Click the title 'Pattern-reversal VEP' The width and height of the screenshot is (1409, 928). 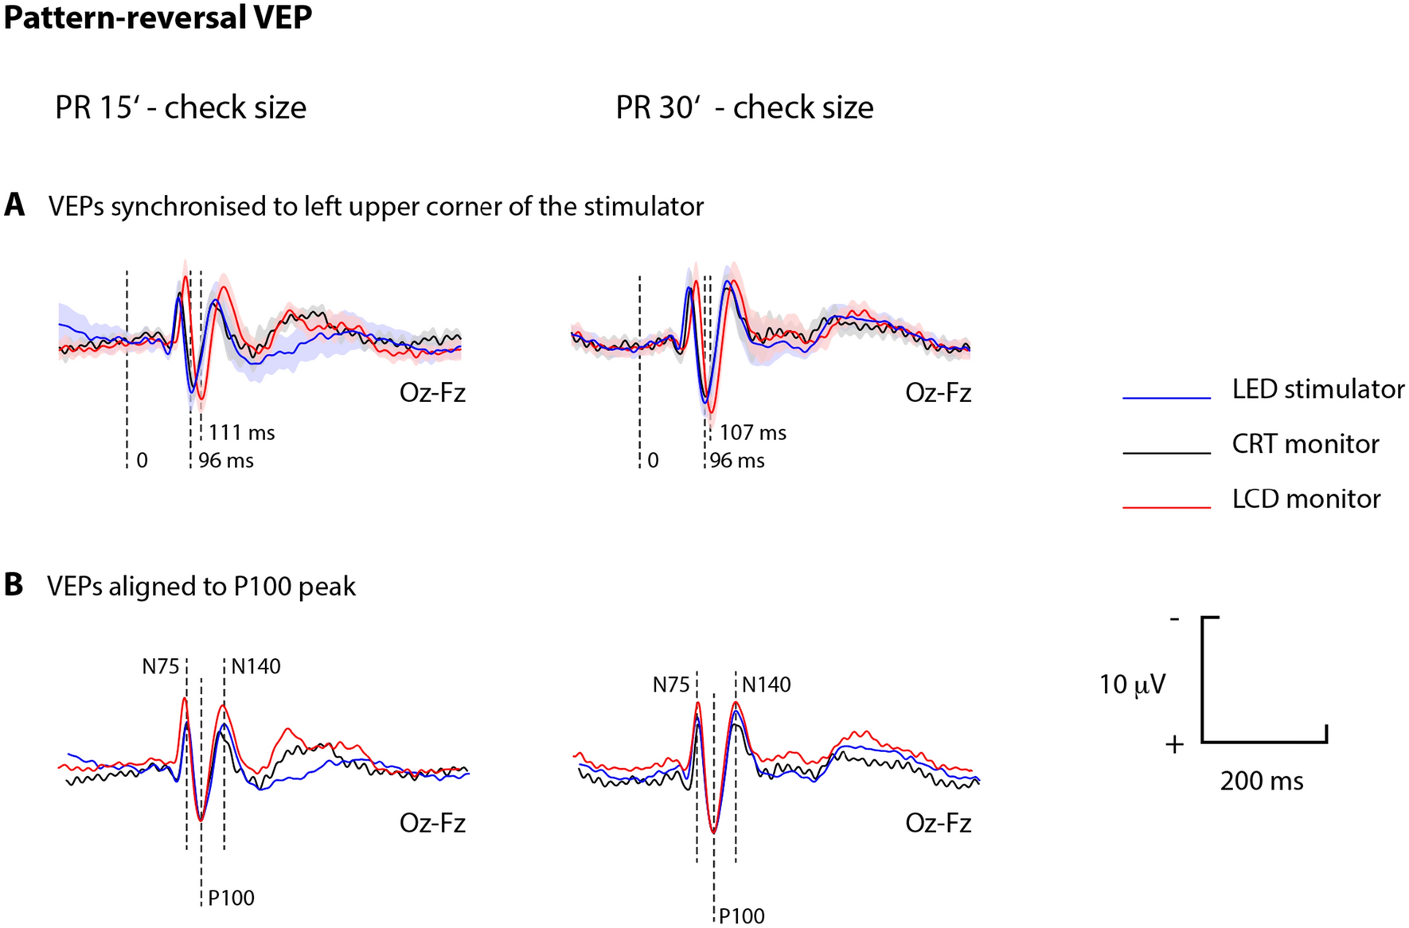click(x=158, y=18)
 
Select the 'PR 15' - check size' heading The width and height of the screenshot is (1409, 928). click(x=181, y=107)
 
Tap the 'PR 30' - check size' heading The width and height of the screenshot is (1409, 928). click(x=744, y=107)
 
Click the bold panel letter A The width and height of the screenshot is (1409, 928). click(x=14, y=206)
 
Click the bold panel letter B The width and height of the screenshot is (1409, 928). click(x=14, y=586)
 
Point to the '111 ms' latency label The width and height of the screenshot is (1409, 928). click(x=242, y=433)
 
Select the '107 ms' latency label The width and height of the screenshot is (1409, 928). click(x=753, y=433)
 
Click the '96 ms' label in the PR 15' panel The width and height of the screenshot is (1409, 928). click(x=226, y=461)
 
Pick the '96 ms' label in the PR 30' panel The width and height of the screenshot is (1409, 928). click(x=737, y=461)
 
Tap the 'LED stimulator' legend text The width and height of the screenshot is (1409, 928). click(x=1318, y=389)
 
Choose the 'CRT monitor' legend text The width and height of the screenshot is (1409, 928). click(x=1306, y=444)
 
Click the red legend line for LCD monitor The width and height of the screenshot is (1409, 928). click(x=1166, y=506)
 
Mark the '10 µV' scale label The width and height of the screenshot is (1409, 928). click(x=1132, y=684)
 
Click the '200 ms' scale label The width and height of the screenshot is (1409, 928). click(x=1262, y=782)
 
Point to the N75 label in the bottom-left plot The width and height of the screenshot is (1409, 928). click(x=161, y=667)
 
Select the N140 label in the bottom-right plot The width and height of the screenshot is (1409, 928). click(x=767, y=685)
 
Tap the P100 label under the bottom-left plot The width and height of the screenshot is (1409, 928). click(x=232, y=899)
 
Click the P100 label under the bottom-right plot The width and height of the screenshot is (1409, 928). click(x=742, y=916)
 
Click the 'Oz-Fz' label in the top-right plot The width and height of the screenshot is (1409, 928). click(x=938, y=392)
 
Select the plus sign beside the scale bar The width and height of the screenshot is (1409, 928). click(x=1175, y=745)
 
